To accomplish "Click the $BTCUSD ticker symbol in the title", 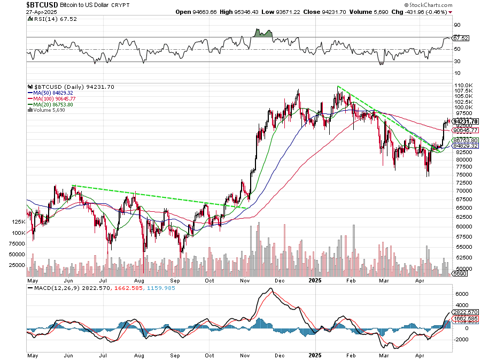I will point(42,4).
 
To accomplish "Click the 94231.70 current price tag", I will point(465,121).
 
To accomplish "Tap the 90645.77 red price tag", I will point(465,130).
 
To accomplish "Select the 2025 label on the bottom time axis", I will point(315,280).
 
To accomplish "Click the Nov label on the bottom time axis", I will point(245,280).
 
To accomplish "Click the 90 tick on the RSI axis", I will point(457,25).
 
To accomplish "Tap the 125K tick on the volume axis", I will point(19,221).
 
